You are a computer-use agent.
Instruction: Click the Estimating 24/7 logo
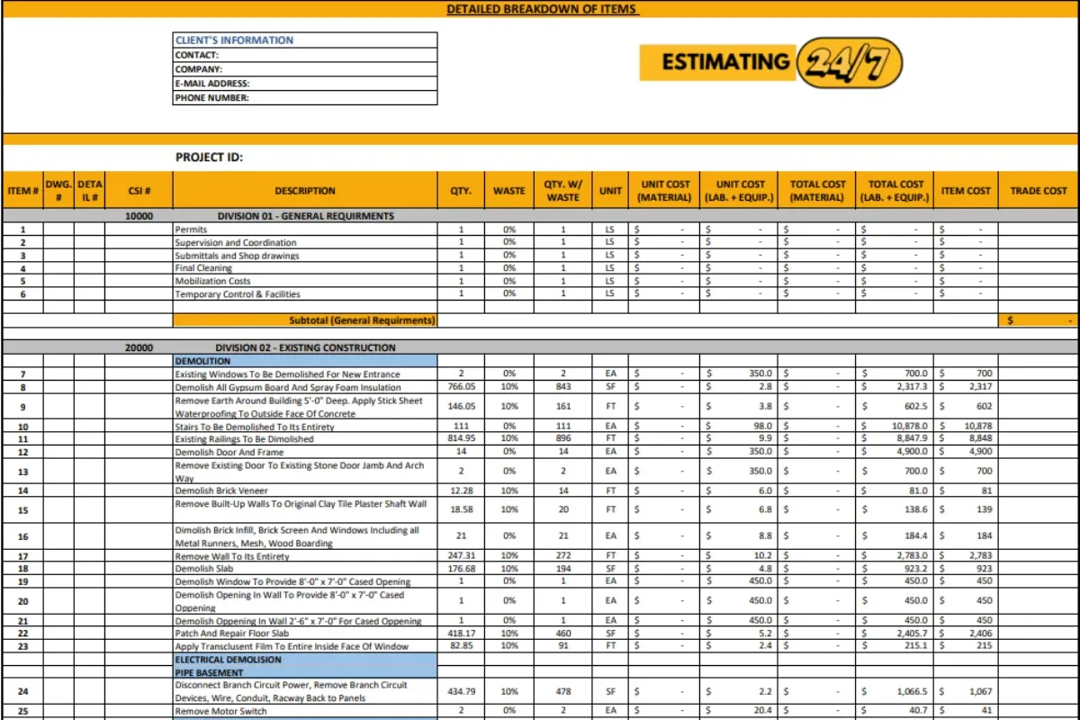[x=770, y=62]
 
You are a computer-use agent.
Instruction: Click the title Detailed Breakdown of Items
[x=542, y=9]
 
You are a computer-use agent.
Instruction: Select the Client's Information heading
[x=234, y=40]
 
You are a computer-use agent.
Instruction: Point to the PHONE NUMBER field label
[x=212, y=98]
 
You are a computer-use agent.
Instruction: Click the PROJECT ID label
[x=209, y=157]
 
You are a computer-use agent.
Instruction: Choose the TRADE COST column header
[x=1038, y=191]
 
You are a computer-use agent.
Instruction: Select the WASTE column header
[x=509, y=191]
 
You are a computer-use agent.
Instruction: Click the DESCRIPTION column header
[x=305, y=191]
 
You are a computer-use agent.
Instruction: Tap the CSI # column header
[x=139, y=191]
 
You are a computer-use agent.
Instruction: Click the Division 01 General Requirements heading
[x=305, y=216]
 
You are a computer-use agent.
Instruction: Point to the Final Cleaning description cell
[x=203, y=268]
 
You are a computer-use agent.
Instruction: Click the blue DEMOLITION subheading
[x=203, y=360]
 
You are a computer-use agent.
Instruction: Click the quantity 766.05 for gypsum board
[x=461, y=387]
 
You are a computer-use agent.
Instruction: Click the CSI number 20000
[x=139, y=347]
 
